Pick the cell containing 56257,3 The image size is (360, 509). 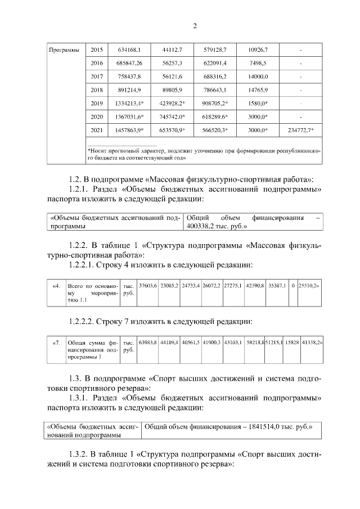[x=172, y=64]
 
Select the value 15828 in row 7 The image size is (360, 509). [x=292, y=342]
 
